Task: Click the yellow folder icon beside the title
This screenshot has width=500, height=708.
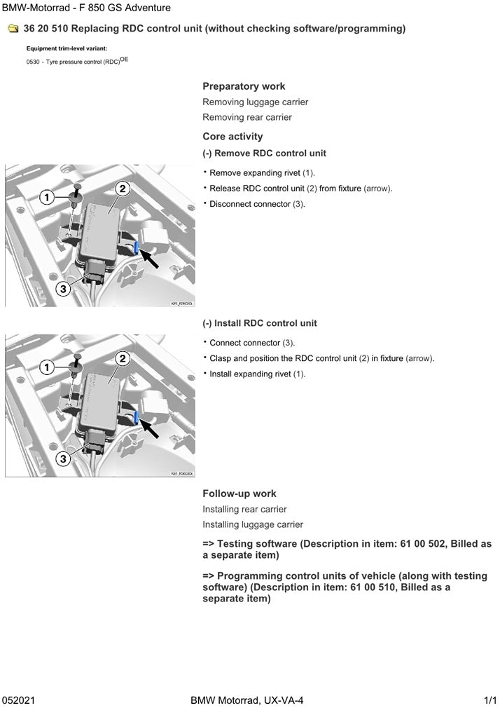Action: coord(12,29)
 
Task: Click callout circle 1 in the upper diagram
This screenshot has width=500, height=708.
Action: coord(47,198)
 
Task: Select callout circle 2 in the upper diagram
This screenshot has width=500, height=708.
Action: coord(122,188)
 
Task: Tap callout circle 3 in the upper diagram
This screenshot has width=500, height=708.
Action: coord(62,288)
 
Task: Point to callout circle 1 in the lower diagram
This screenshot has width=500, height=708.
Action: coord(47,367)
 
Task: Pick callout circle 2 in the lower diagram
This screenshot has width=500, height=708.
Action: coord(122,358)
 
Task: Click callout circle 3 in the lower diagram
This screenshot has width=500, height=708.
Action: coord(62,458)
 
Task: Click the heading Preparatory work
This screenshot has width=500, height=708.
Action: coord(244,86)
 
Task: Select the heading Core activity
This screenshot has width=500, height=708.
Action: coord(232,136)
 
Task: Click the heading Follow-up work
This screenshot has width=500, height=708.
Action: coord(239,493)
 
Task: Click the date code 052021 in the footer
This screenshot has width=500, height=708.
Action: coord(19,700)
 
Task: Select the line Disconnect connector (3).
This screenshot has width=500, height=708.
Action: coord(257,204)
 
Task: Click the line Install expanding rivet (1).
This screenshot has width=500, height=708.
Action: coord(257,374)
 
